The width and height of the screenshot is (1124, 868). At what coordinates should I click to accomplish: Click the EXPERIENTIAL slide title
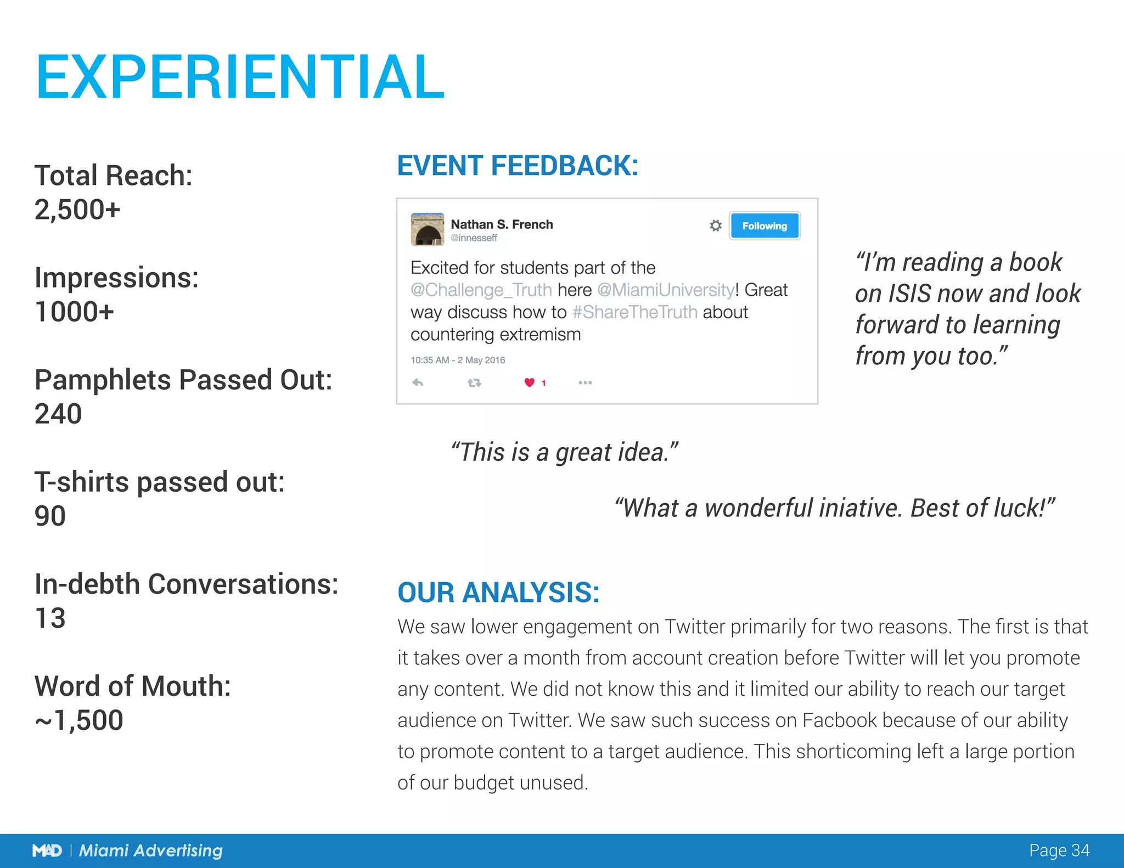(x=240, y=77)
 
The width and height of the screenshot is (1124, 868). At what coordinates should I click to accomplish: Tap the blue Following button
(x=764, y=226)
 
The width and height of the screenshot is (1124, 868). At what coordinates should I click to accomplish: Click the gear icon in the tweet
(x=715, y=226)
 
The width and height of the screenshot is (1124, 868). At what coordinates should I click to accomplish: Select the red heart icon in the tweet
(x=529, y=382)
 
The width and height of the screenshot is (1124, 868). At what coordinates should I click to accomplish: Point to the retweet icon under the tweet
(x=474, y=383)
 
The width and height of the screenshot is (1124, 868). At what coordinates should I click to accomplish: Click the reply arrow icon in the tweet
(x=418, y=382)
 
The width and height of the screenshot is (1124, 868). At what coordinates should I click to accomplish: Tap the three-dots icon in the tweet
(x=585, y=382)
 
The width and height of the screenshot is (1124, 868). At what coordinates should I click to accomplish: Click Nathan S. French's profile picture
(x=427, y=229)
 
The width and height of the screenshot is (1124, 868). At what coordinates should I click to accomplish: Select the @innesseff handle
(x=474, y=238)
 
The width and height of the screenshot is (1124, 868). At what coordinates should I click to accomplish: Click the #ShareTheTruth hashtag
(x=634, y=312)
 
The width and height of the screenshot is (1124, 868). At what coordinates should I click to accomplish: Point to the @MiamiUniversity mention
(x=666, y=290)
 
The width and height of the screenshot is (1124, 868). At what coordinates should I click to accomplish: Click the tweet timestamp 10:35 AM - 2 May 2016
(x=458, y=360)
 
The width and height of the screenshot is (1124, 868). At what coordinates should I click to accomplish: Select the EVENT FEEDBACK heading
(x=518, y=166)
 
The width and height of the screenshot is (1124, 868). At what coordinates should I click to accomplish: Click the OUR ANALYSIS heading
(x=498, y=593)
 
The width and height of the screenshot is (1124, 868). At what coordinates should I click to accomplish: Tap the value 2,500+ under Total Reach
(x=77, y=210)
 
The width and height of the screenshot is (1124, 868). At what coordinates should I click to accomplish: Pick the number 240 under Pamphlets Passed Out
(x=58, y=414)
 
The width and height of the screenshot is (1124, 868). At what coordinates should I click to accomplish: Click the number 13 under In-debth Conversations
(x=50, y=618)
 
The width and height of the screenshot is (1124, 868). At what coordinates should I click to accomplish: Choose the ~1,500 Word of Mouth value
(x=79, y=720)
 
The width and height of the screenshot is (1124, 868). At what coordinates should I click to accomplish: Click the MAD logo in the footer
(x=47, y=850)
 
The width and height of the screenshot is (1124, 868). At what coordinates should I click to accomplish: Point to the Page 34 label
(x=1059, y=850)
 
